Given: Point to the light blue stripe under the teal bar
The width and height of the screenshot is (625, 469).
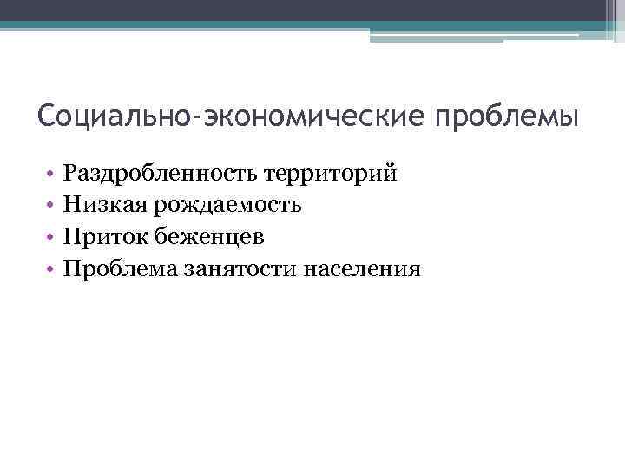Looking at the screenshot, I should [434, 36].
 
